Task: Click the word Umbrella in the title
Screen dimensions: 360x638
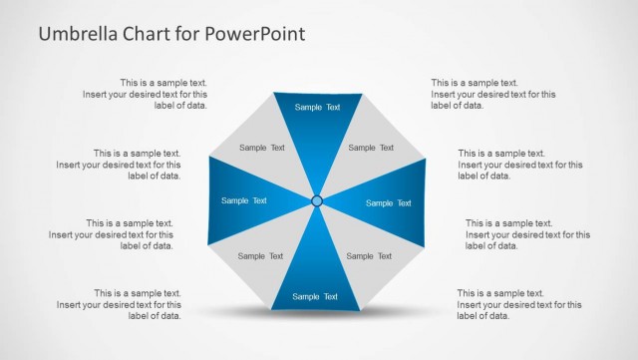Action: pyautogui.click(x=78, y=34)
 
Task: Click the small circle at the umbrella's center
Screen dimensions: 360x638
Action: pyautogui.click(x=317, y=201)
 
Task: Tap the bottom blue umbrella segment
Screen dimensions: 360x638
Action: pyautogui.click(x=316, y=284)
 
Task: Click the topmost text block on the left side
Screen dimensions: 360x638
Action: pyautogui.click(x=145, y=94)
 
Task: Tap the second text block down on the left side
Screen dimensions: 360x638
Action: pyautogui.click(x=119, y=165)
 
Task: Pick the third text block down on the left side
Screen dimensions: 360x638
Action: pyautogui.click(x=111, y=234)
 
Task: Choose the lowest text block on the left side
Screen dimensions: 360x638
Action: pyautogui.click(x=119, y=304)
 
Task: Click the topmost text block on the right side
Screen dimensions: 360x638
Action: pyautogui.click(x=493, y=94)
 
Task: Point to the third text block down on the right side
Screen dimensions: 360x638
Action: pyautogui.click(x=527, y=234)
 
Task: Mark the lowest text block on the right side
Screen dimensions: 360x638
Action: pyautogui.click(x=519, y=304)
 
